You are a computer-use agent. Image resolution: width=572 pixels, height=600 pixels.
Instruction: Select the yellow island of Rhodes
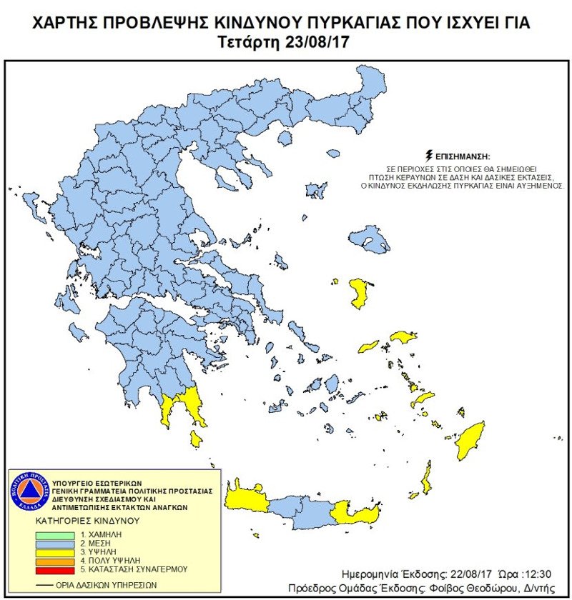(x=472, y=441)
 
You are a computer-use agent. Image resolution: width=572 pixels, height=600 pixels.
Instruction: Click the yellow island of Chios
(x=358, y=294)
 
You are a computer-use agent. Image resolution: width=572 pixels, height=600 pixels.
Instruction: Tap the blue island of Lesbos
(x=370, y=238)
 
